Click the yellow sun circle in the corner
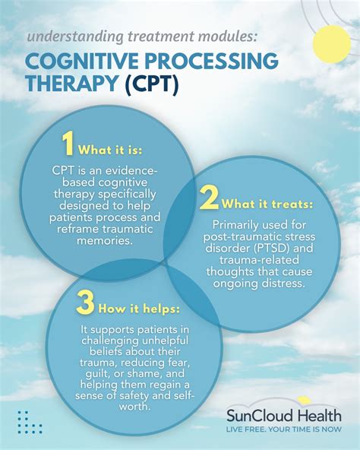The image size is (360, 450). pos(332,43)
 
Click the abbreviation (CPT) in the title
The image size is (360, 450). pos(152,84)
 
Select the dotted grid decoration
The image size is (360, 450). pos(30,422)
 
